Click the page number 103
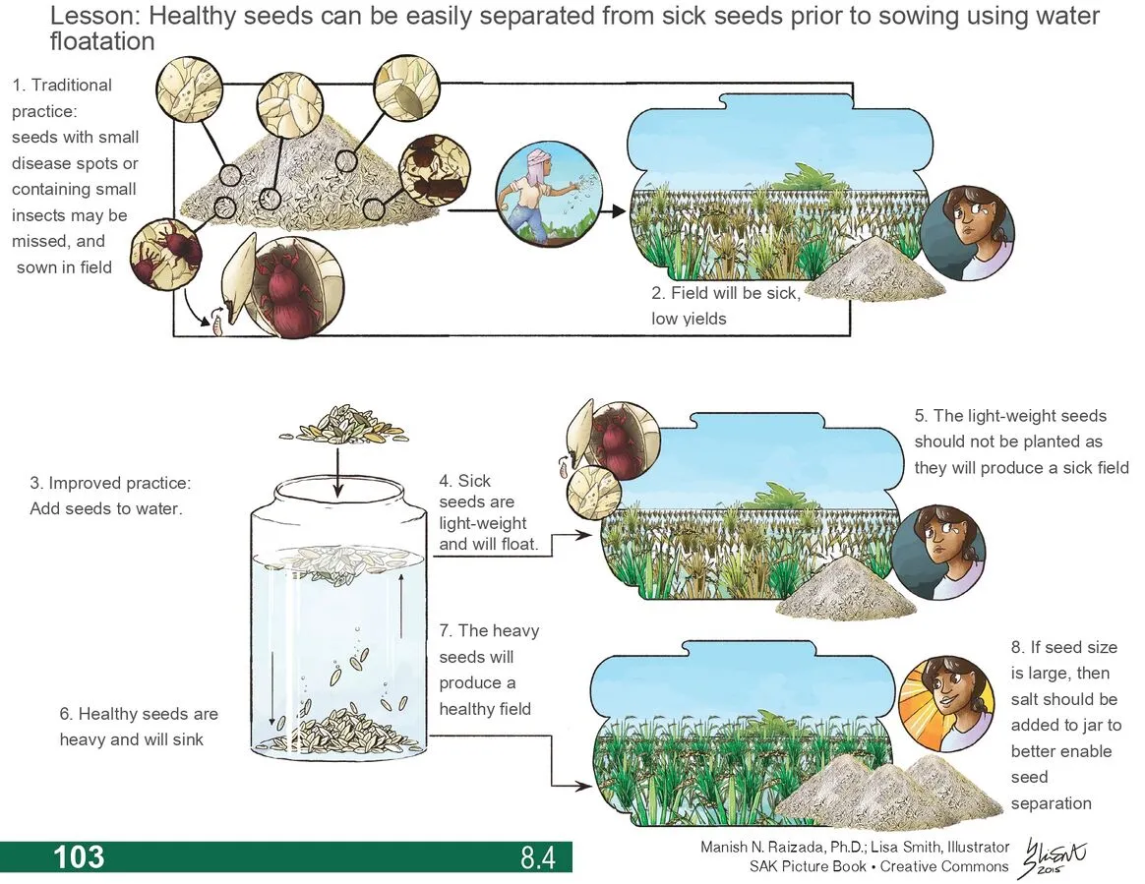pyautogui.click(x=79, y=856)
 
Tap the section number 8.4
pyautogui.click(x=538, y=857)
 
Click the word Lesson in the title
pyautogui.click(x=92, y=17)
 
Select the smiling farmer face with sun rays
pyautogui.click(x=944, y=702)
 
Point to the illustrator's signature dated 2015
pyautogui.click(x=1054, y=857)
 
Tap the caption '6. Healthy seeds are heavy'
pyautogui.click(x=138, y=726)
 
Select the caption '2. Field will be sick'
pyautogui.click(x=726, y=305)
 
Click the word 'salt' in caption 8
pyautogui.click(x=1029, y=699)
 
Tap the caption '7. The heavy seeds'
pyautogui.click(x=488, y=670)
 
